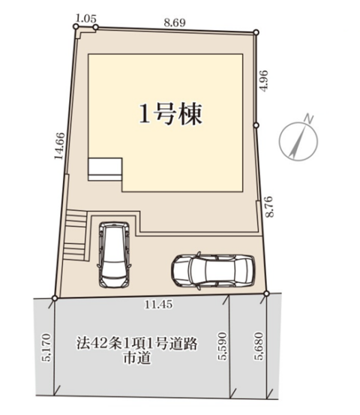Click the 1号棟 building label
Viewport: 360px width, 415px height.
(170, 114)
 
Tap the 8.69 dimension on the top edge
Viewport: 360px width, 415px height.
(175, 23)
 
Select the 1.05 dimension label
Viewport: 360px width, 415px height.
(86, 19)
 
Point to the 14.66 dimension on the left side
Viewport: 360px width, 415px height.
(59, 146)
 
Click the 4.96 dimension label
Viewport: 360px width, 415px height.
(264, 81)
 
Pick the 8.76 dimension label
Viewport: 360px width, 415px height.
(269, 206)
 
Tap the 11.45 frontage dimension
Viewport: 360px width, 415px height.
(158, 305)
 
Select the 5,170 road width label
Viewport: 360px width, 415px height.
(46, 347)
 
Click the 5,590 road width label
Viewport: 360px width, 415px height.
(222, 346)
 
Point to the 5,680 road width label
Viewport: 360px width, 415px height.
(259, 346)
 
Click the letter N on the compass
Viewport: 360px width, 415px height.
(308, 119)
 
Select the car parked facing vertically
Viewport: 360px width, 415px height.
(114, 254)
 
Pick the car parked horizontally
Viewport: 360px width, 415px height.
(213, 270)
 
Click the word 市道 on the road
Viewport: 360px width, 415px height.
(137, 357)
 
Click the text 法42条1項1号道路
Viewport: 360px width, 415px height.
(137, 344)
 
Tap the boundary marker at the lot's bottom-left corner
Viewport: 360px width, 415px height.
(55, 298)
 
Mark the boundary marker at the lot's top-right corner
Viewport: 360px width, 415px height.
(256, 32)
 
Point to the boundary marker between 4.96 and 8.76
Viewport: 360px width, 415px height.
(256, 125)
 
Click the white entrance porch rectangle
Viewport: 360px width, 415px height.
(105, 170)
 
